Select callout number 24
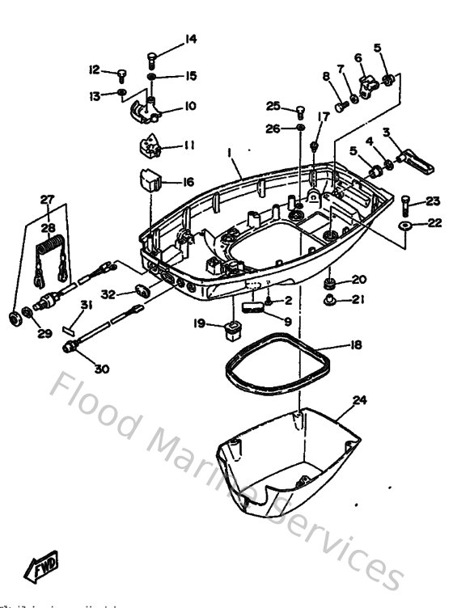coord(359,399)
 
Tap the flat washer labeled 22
coord(404,223)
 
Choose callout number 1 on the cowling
coord(230,153)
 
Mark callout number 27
coord(47,198)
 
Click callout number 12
coord(94,70)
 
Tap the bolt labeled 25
coord(300,110)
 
